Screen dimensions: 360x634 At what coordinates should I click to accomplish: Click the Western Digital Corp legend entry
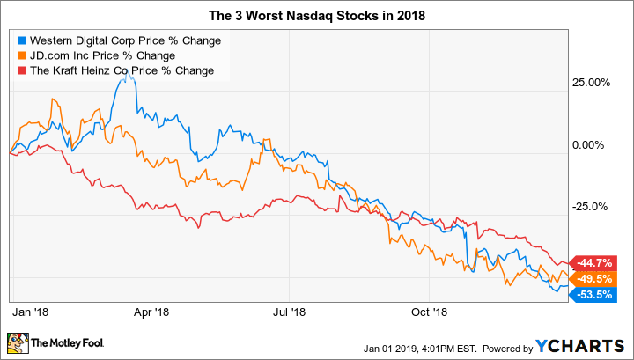coord(125,40)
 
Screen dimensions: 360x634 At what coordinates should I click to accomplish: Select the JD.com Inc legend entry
coord(105,55)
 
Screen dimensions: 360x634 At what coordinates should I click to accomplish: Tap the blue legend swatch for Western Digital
coord(22,40)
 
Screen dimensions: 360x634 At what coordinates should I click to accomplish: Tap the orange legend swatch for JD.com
coord(22,55)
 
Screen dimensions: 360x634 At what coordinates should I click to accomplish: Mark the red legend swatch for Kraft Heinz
coord(22,70)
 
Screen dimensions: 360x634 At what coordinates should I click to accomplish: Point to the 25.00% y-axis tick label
coord(592,84)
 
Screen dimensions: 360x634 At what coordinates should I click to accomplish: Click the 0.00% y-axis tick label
coord(594,145)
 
